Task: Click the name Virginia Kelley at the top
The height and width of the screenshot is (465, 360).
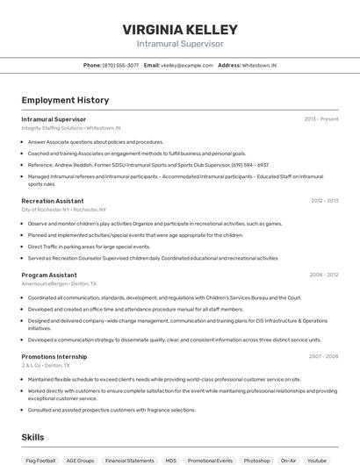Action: click(x=180, y=29)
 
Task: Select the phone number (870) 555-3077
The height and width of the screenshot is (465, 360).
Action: click(x=120, y=65)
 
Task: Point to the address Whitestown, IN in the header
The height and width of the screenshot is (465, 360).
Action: click(x=259, y=65)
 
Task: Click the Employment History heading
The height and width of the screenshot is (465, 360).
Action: click(x=65, y=100)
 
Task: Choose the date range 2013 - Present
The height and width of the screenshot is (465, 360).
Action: click(x=320, y=118)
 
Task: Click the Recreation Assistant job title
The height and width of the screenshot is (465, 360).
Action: click(x=53, y=201)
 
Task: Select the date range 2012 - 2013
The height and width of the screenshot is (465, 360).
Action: click(x=324, y=201)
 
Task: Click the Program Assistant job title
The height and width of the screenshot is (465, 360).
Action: click(x=49, y=275)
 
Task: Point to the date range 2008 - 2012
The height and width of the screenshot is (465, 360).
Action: click(x=323, y=275)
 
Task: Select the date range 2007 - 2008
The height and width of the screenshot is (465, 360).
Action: click(x=323, y=356)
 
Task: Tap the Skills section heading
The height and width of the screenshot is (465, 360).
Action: click(x=32, y=437)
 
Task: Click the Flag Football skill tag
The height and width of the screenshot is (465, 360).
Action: click(x=40, y=460)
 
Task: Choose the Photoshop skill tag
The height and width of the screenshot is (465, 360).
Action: click(x=256, y=460)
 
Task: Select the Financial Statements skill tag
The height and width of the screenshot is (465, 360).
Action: click(x=129, y=460)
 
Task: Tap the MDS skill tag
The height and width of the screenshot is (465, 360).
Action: click(x=170, y=460)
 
